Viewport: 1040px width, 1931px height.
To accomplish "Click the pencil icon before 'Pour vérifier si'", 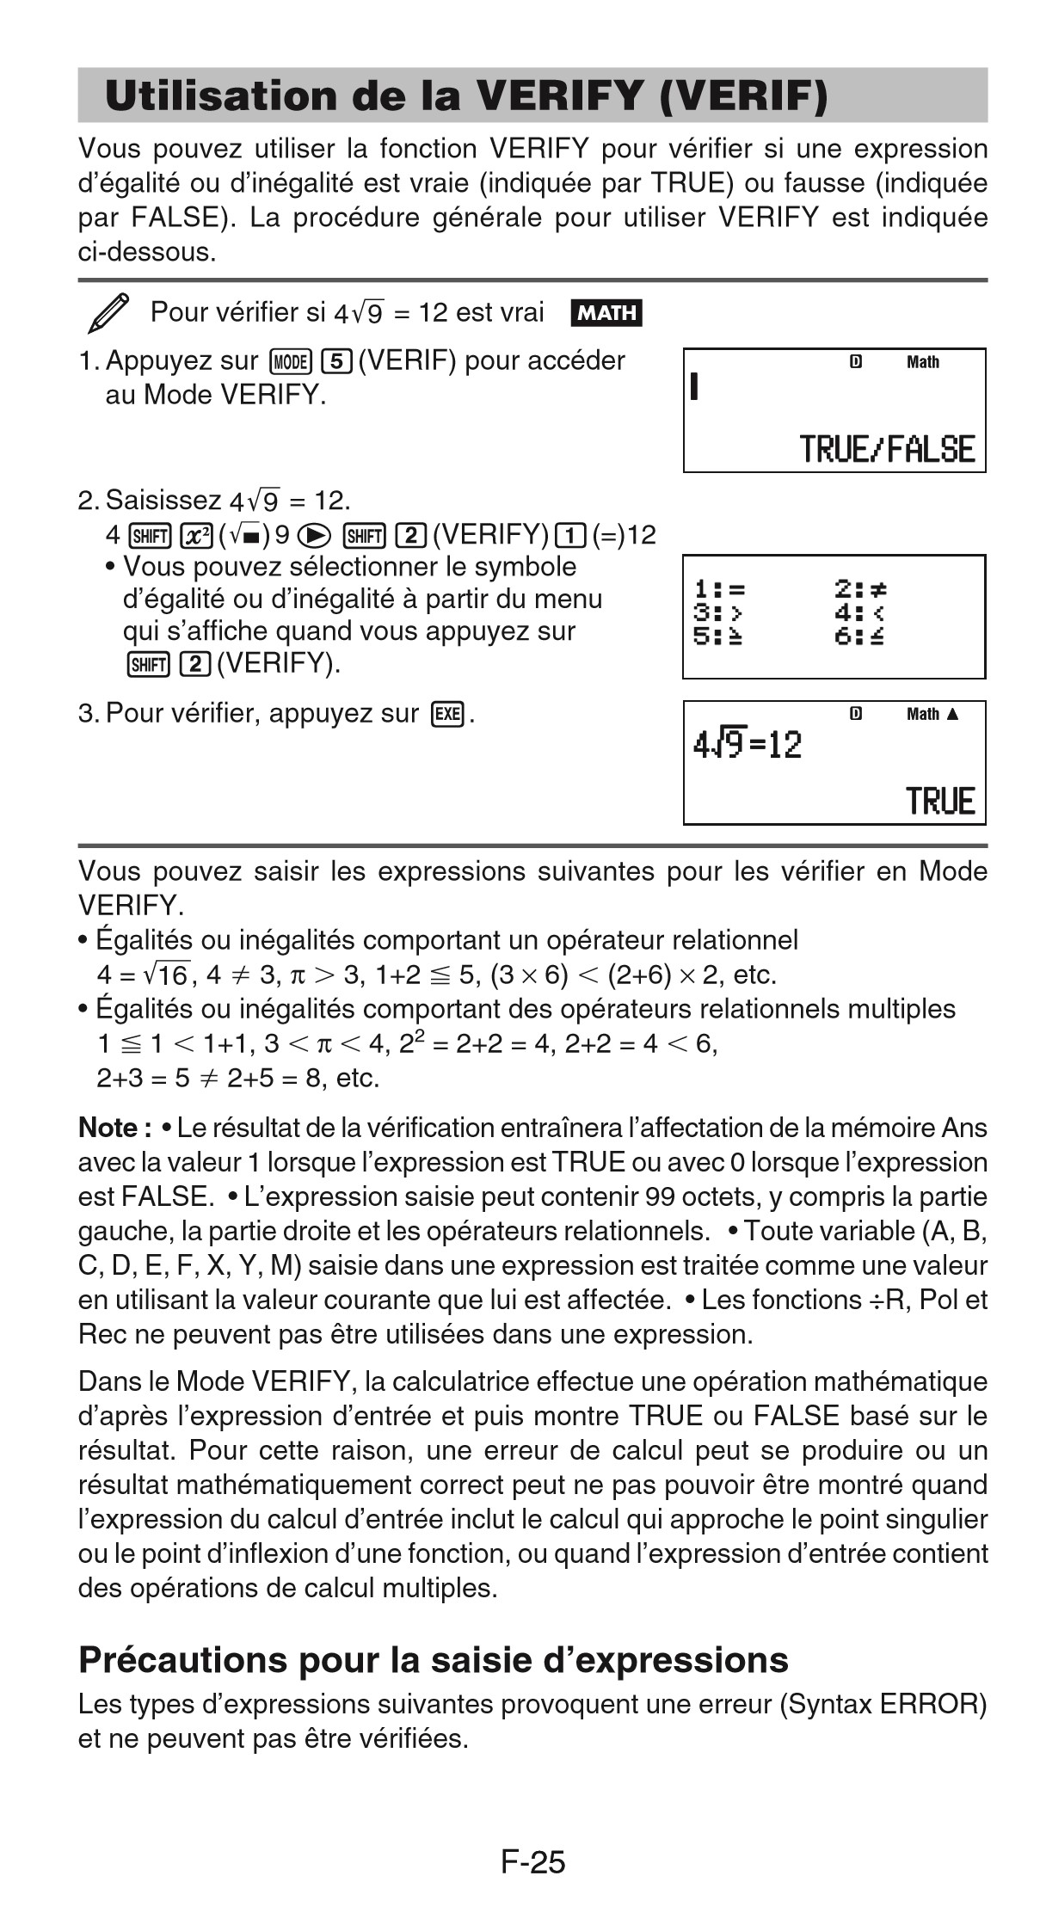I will click(x=109, y=313).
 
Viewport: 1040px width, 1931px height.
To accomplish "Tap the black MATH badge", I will click(x=606, y=313).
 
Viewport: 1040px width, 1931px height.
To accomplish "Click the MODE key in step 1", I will click(x=290, y=361).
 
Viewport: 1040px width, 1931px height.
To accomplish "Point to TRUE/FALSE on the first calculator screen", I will click(x=887, y=450).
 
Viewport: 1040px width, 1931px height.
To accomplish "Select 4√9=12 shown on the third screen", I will click(x=747, y=744).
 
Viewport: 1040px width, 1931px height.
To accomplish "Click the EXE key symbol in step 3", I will click(x=448, y=714).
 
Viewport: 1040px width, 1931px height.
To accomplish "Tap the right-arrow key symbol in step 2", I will click(x=316, y=536).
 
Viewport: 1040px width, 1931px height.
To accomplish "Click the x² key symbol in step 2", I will click(x=197, y=536).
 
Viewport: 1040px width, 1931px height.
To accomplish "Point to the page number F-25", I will click(x=532, y=1862).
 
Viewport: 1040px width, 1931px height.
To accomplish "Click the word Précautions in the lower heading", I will click(x=182, y=1660).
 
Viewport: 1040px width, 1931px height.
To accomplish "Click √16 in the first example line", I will click(x=167, y=975).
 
